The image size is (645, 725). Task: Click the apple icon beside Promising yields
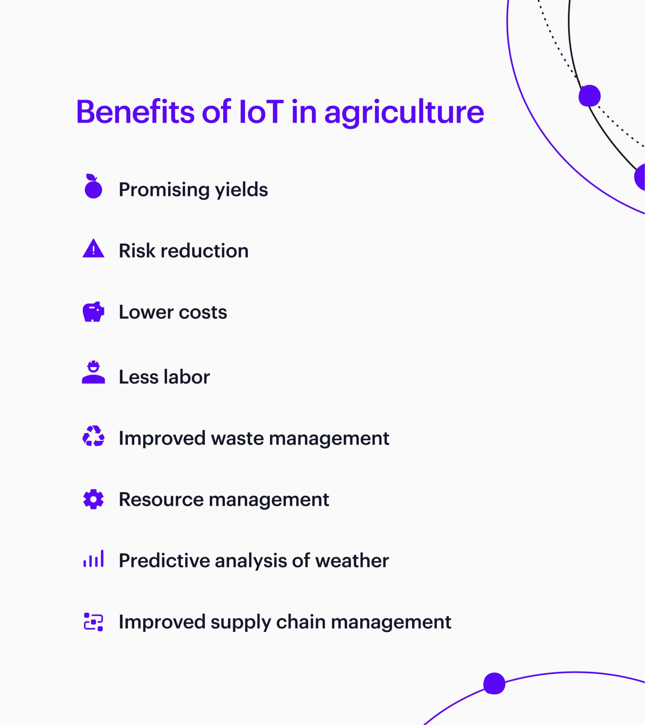pos(93,187)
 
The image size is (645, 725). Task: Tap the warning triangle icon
pos(93,249)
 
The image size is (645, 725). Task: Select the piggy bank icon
pos(93,312)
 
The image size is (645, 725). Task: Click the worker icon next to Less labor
pos(93,372)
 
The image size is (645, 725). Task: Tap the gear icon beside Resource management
pos(93,499)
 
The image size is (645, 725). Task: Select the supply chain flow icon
pos(93,622)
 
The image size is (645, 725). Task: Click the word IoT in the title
pos(261,112)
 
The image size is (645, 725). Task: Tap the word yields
pos(241,190)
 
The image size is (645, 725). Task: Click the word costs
pos(203,312)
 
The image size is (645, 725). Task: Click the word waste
pos(237,438)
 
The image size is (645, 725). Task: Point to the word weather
pos(352,561)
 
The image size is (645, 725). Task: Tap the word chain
pos(301,622)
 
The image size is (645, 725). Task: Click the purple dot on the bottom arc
pos(494,683)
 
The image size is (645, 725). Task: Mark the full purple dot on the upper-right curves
pos(589,96)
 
